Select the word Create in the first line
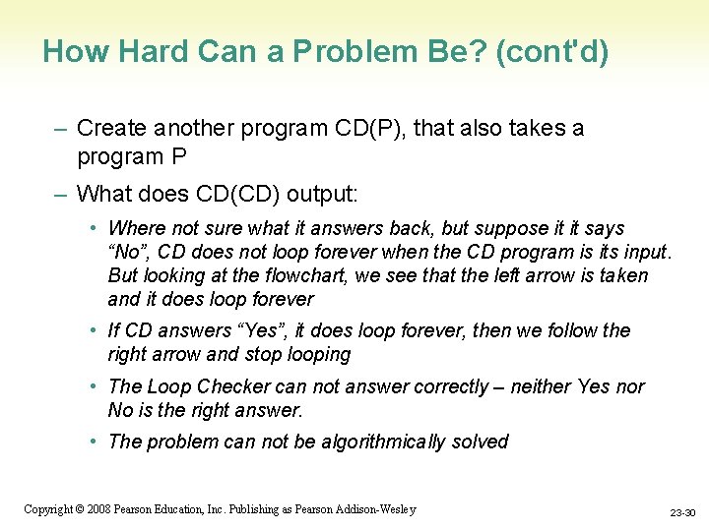tap(107, 128)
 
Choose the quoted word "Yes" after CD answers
tap(245, 330)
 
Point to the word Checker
tap(235, 386)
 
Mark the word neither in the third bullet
tap(541, 386)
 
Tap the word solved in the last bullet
tap(480, 442)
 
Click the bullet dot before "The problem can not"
tap(94, 442)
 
